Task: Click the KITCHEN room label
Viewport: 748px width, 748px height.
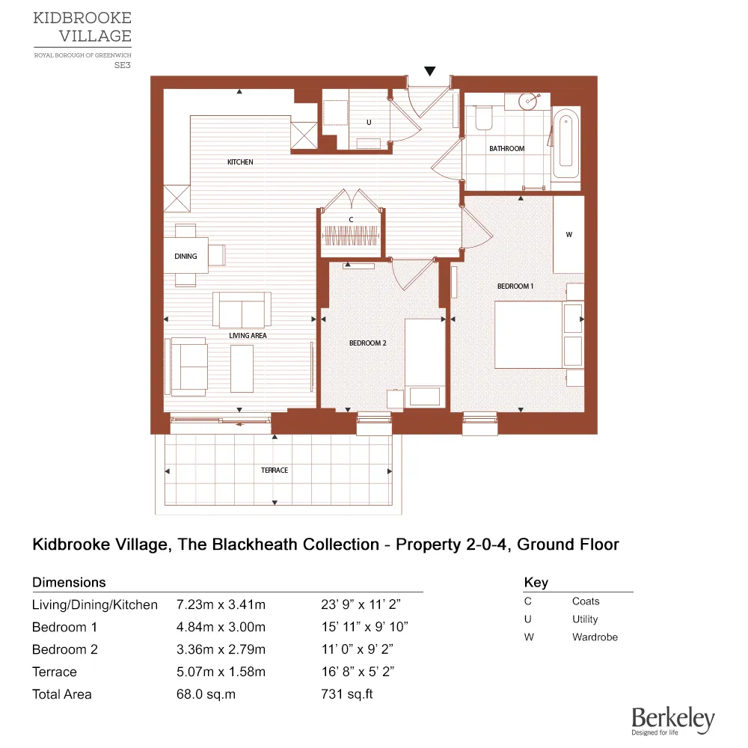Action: pyautogui.click(x=240, y=162)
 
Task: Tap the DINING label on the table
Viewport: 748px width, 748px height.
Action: pyautogui.click(x=186, y=257)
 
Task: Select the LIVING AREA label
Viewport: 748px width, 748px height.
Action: pyautogui.click(x=248, y=336)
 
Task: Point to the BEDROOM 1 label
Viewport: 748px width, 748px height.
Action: pyautogui.click(x=515, y=286)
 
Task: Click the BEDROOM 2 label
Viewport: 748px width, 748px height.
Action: pyautogui.click(x=367, y=343)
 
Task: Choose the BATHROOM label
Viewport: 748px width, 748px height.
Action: pyautogui.click(x=506, y=149)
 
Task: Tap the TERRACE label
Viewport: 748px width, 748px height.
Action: pyautogui.click(x=275, y=470)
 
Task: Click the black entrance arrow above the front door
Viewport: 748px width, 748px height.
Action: pyautogui.click(x=429, y=71)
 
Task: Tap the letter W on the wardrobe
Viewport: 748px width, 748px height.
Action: pyautogui.click(x=568, y=235)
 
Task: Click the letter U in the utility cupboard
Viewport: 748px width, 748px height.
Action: pyautogui.click(x=368, y=123)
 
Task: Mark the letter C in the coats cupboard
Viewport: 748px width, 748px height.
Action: pyautogui.click(x=351, y=219)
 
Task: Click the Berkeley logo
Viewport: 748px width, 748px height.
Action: pyautogui.click(x=672, y=720)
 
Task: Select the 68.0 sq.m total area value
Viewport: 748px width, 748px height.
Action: pyautogui.click(x=206, y=694)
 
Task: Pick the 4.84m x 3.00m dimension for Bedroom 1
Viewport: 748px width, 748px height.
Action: pyautogui.click(x=221, y=627)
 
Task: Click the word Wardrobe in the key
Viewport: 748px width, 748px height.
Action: pyautogui.click(x=595, y=637)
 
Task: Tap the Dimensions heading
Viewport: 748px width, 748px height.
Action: pyautogui.click(x=69, y=582)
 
